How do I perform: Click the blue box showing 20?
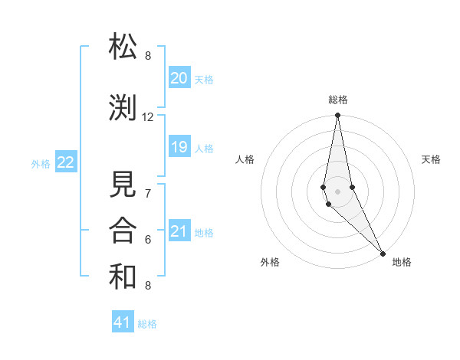click(179, 78)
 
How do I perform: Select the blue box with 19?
click(179, 147)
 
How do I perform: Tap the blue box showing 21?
click(179, 231)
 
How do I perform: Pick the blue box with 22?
click(66, 162)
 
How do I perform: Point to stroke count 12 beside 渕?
click(148, 117)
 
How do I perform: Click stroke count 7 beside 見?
click(148, 194)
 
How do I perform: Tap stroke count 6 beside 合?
click(148, 240)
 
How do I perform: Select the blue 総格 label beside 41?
click(147, 324)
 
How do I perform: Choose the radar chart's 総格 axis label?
click(338, 100)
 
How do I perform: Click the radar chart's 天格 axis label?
click(431, 159)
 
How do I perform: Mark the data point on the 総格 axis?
click(338, 116)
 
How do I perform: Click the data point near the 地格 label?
click(383, 252)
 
